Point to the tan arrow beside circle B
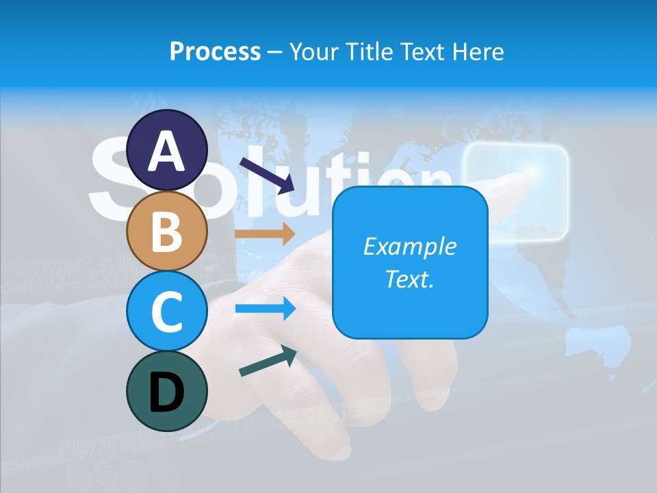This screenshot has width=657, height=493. (x=265, y=233)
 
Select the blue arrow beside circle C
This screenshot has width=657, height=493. (x=265, y=309)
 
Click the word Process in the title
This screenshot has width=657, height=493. (x=215, y=51)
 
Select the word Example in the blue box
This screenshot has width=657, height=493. (x=409, y=246)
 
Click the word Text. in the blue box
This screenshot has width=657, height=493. (x=409, y=279)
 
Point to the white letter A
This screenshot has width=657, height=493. (x=166, y=152)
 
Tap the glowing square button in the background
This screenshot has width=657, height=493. (x=515, y=193)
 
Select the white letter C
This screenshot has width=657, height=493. (x=166, y=312)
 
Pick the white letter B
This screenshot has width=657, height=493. (x=166, y=231)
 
